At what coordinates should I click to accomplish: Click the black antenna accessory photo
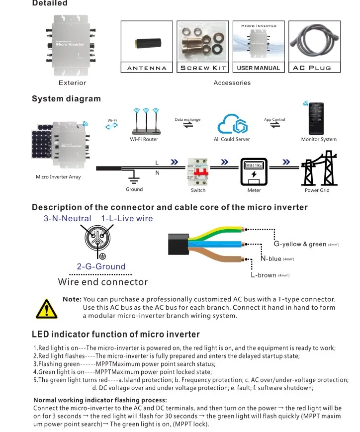pyautogui.click(x=147, y=44)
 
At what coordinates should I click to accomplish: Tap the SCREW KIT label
pyautogui.click(x=203, y=68)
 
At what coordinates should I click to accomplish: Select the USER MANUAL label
pyautogui.click(x=259, y=68)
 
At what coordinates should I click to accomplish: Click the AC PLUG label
pyautogui.click(x=312, y=68)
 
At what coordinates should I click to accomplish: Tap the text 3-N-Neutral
pyautogui.click(x=68, y=218)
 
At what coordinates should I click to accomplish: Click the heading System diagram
pyautogui.click(x=66, y=98)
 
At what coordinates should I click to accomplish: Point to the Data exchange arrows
pyautogui.click(x=188, y=126)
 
